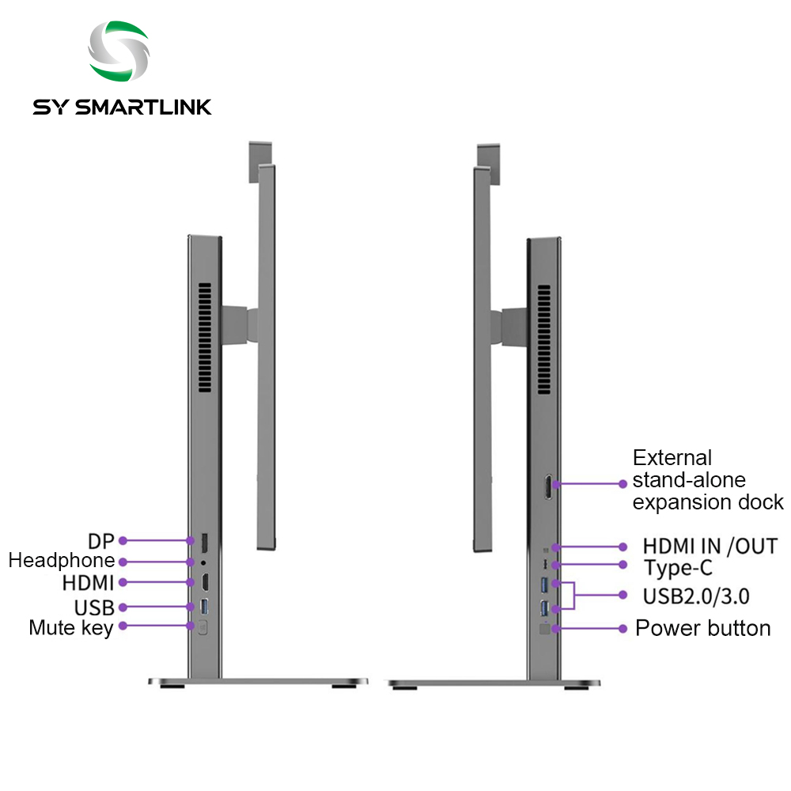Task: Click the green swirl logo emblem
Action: point(119,51)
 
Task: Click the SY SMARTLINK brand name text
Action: point(122,107)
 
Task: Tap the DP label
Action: point(101,541)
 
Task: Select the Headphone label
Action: point(62,561)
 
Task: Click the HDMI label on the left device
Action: point(89,583)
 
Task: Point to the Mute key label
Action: point(71,629)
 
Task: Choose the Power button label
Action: point(702,629)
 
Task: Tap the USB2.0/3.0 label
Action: point(696,596)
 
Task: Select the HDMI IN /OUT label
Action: point(710,547)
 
